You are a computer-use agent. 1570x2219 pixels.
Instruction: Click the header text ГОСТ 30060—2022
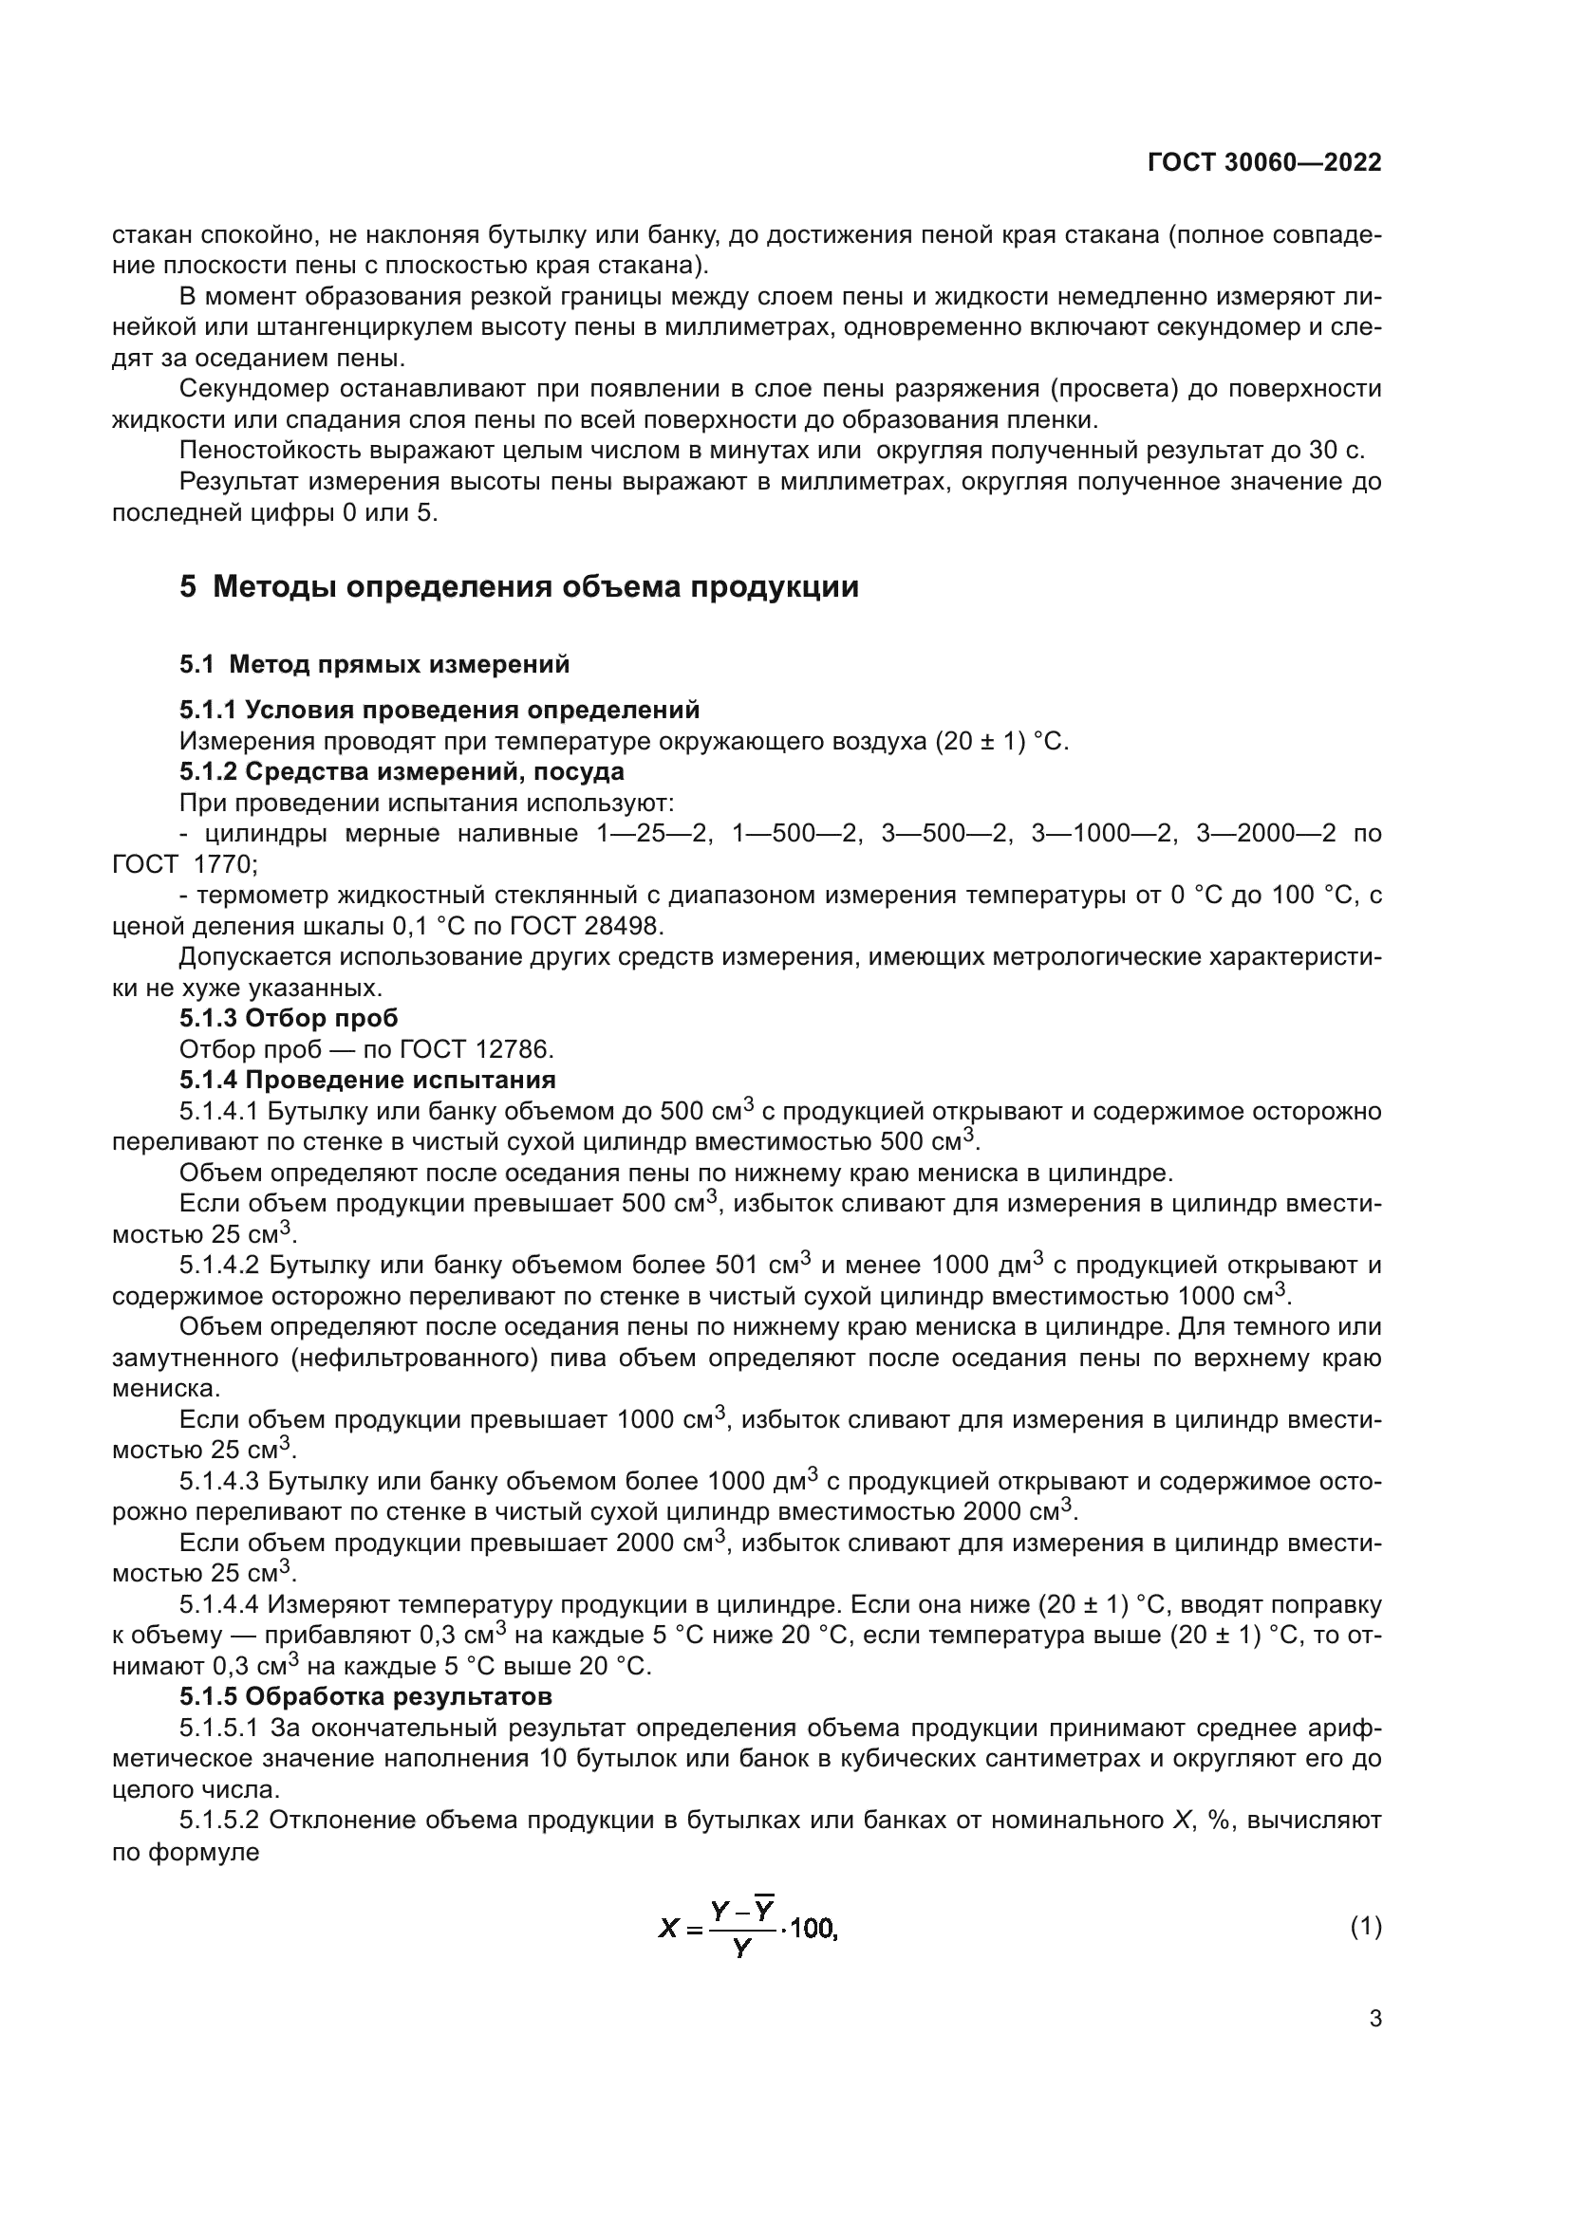point(1264,162)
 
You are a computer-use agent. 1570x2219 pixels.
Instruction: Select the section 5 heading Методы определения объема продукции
point(519,586)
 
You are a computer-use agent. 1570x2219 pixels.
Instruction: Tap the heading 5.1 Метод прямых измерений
point(374,664)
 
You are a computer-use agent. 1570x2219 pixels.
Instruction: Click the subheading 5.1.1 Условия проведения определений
point(439,711)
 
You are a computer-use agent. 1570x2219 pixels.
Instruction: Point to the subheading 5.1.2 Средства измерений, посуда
point(402,772)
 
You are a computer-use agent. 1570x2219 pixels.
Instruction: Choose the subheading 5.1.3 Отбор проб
point(289,1018)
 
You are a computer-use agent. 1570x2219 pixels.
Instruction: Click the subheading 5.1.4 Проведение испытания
point(367,1080)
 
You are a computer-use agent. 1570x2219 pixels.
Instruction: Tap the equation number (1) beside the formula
point(1366,1928)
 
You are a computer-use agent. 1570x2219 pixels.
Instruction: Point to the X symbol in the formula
point(669,1930)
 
